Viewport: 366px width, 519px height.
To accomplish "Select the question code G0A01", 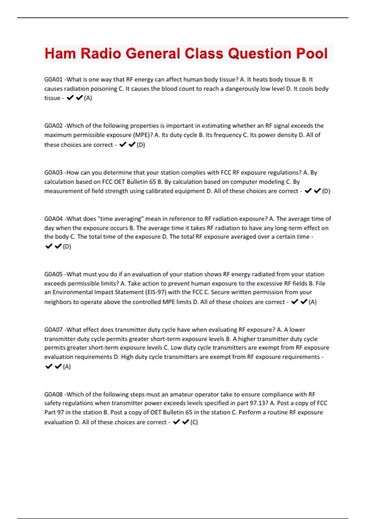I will pyautogui.click(x=53, y=80).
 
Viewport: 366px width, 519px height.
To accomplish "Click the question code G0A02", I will pyautogui.click(x=53, y=126).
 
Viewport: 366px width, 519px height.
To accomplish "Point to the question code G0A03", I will pyautogui.click(x=53, y=172).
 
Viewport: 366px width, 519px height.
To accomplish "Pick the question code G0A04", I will pyautogui.click(x=53, y=219).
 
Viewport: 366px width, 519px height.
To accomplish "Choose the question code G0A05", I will pyautogui.click(x=53, y=274).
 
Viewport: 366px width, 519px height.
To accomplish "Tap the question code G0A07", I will pyautogui.click(x=53, y=330).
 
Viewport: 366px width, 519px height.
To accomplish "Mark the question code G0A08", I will pyautogui.click(x=53, y=394).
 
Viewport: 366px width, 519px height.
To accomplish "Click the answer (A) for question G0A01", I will pyautogui.click(x=88, y=98).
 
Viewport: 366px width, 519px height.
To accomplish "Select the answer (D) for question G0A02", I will pyautogui.click(x=141, y=145).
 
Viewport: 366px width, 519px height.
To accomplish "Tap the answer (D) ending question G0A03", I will pyautogui.click(x=326, y=191).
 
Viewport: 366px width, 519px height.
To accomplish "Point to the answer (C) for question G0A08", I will pyautogui.click(x=194, y=423).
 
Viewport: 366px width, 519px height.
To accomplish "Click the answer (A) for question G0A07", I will pyautogui.click(x=67, y=367).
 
